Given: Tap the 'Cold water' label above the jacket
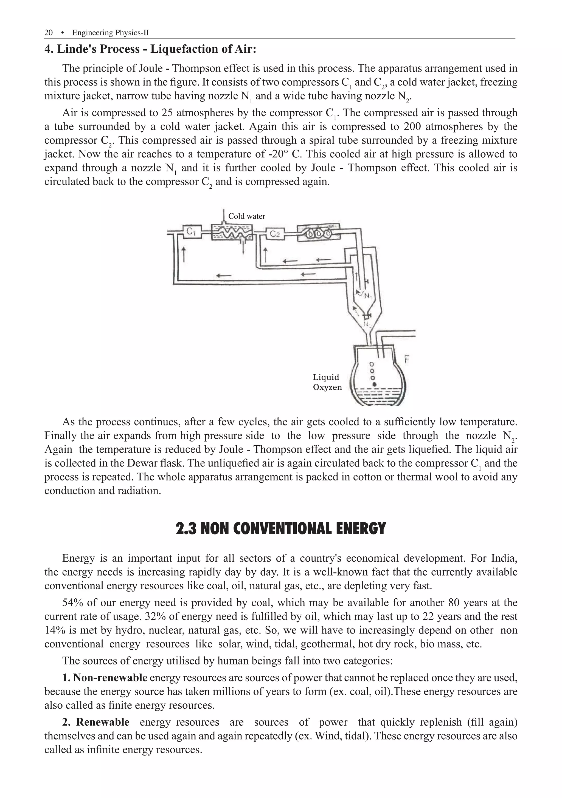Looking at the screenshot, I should [x=247, y=216].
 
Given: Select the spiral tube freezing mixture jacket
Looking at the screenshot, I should [x=319, y=233].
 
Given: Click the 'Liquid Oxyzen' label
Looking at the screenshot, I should [x=327, y=382].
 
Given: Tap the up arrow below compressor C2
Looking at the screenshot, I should [x=266, y=255].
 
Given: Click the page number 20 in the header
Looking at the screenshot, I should [x=48, y=33].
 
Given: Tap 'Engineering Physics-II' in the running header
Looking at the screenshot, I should [x=110, y=33].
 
